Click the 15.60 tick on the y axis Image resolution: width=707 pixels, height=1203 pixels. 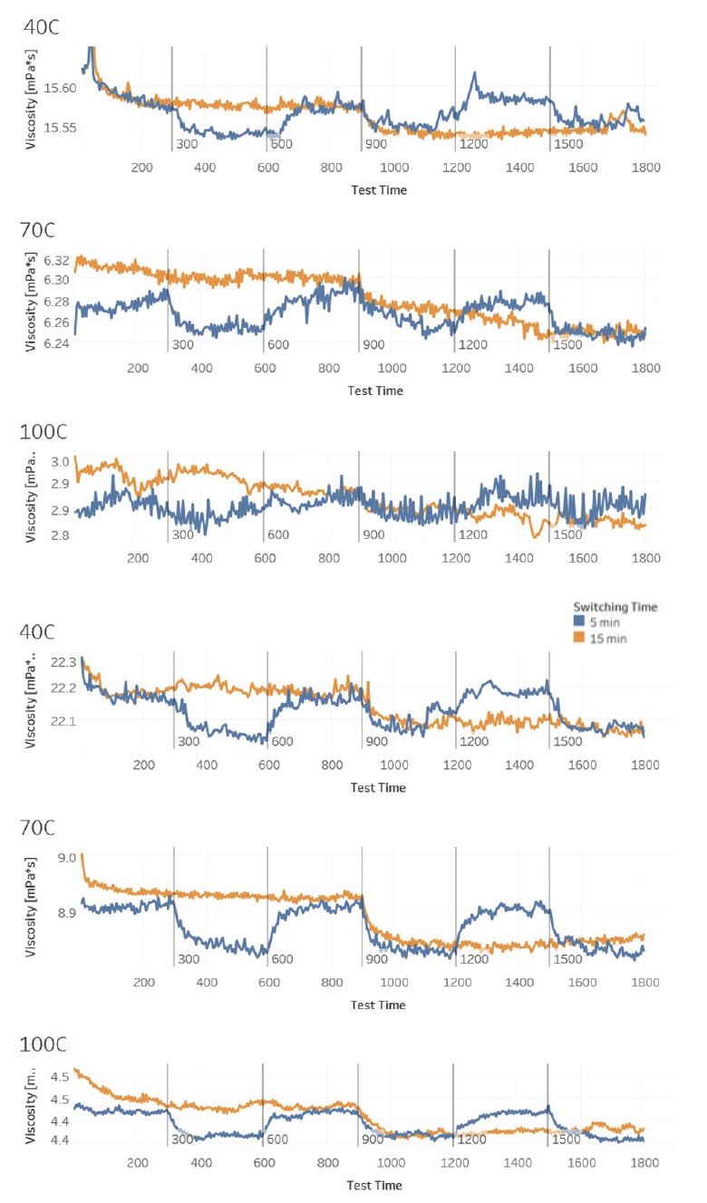(x=60, y=88)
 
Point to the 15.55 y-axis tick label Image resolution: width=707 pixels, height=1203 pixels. (x=60, y=128)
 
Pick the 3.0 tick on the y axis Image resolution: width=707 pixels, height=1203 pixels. (x=60, y=462)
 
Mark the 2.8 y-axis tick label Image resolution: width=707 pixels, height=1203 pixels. (x=60, y=536)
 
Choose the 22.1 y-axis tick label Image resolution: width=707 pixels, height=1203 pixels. (x=63, y=721)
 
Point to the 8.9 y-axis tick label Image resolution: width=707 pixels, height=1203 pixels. (x=65, y=912)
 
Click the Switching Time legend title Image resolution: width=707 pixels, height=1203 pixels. (x=615, y=606)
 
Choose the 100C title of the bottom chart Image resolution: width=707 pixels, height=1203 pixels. (x=46, y=1046)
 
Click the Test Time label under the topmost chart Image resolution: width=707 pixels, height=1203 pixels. (x=378, y=190)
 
